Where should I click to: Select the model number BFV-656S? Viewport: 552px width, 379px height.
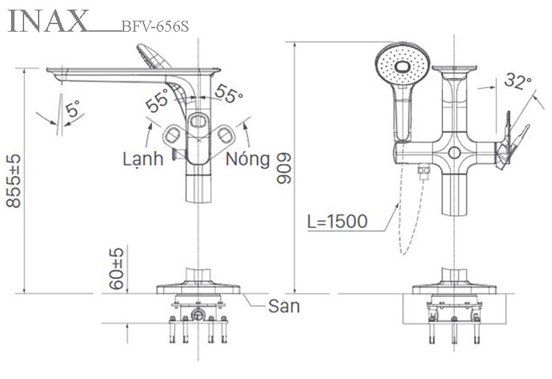(x=155, y=27)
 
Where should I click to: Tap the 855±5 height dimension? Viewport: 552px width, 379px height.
(x=14, y=181)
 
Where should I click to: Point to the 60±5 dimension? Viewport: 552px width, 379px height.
(x=117, y=268)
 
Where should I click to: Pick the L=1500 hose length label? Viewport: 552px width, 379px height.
(x=338, y=222)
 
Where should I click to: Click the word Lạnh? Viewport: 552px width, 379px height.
(x=143, y=159)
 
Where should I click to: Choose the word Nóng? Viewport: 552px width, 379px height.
(x=248, y=159)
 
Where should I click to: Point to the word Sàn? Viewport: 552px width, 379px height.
(x=284, y=305)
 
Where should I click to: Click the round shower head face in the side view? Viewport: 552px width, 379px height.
(x=403, y=64)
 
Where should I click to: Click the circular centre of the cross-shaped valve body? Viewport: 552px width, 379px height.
(x=454, y=153)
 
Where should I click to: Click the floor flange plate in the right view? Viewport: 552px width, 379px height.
(x=454, y=287)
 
